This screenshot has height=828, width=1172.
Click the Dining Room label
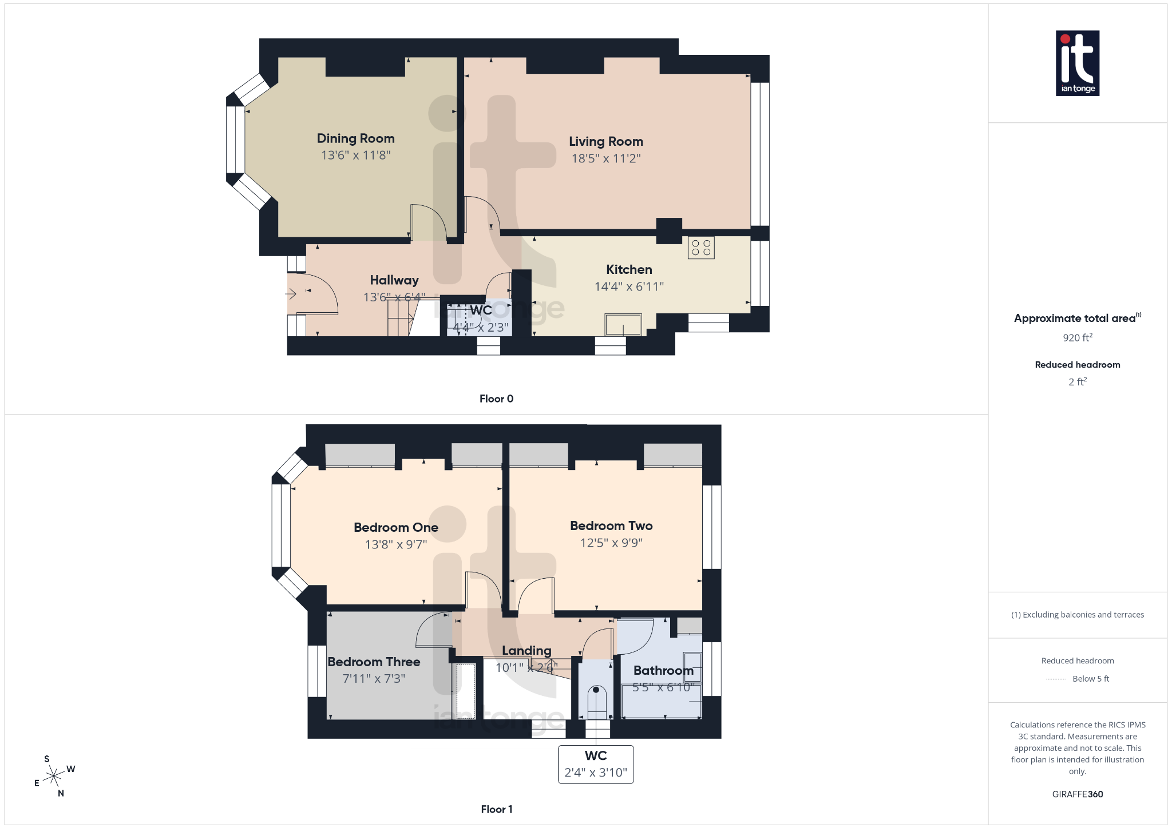(355, 138)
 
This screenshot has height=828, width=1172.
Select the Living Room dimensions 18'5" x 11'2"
(605, 158)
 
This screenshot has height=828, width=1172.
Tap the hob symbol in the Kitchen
(701, 248)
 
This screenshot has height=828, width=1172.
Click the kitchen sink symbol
(623, 325)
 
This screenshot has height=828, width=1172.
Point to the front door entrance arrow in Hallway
(291, 294)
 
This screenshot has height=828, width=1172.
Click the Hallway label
(394, 280)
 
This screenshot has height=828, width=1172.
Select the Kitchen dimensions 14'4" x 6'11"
(628, 286)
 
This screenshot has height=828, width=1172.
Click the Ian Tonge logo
(1077, 63)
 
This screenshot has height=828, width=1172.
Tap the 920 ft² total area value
(1077, 338)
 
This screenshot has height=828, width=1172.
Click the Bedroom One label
(395, 527)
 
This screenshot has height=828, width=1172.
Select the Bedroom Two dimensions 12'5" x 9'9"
(611, 543)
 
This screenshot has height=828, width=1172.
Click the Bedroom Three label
(374, 662)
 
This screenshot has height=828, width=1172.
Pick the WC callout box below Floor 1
(595, 764)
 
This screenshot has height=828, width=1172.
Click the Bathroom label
(663, 670)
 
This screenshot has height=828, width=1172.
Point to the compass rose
(54, 776)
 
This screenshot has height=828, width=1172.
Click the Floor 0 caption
(496, 399)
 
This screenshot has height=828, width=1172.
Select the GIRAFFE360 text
(1077, 794)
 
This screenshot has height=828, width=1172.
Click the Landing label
(526, 651)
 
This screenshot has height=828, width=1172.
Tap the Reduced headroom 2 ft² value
(1077, 382)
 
